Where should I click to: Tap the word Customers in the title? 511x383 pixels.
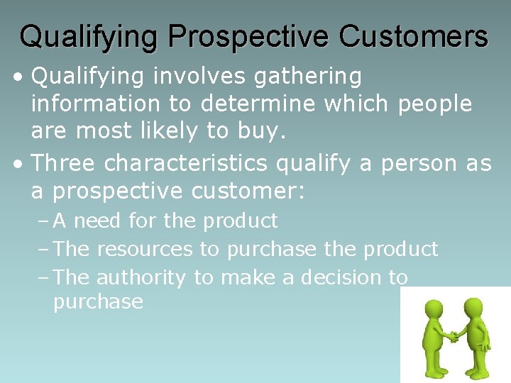click(414, 36)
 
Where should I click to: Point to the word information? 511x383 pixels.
click(96, 104)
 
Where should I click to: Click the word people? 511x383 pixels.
click(434, 105)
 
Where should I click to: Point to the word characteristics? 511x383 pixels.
click(186, 163)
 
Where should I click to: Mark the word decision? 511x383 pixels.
click(342, 277)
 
